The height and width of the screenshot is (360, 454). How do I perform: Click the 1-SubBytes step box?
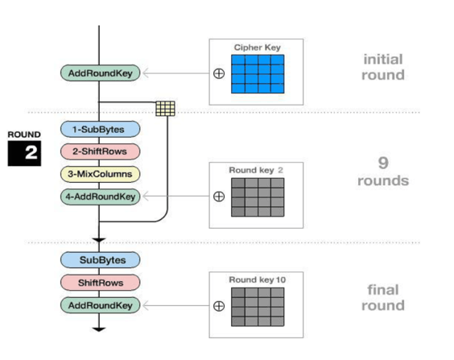click(x=100, y=129)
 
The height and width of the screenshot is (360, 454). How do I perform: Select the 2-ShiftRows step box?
click(x=100, y=151)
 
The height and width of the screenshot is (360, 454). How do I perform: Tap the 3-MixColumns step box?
click(x=100, y=174)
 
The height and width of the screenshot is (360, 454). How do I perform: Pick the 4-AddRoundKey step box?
click(x=100, y=197)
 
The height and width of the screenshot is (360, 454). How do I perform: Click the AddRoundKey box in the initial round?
click(x=100, y=73)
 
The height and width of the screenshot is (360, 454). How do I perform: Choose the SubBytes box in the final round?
click(x=100, y=260)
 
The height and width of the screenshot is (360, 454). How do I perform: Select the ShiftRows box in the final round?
click(x=100, y=283)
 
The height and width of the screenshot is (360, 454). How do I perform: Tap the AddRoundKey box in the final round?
click(x=100, y=305)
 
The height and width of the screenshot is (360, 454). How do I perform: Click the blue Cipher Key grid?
click(x=258, y=74)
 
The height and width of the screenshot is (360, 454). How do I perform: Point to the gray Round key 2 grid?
click(x=258, y=197)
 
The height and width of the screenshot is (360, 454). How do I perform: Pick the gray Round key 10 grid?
click(x=258, y=307)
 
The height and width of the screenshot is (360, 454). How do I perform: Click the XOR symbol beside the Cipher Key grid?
click(x=219, y=73)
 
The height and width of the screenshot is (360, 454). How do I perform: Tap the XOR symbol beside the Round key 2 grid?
click(x=219, y=197)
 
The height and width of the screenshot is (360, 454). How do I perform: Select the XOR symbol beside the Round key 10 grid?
click(x=219, y=306)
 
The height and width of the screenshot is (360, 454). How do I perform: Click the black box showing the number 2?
click(x=24, y=153)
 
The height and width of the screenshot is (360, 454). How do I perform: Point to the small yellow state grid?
click(x=165, y=109)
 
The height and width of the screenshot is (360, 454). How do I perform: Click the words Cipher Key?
click(x=257, y=48)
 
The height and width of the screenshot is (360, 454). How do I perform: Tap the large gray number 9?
click(x=383, y=163)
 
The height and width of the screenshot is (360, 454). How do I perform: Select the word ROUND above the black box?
click(x=24, y=134)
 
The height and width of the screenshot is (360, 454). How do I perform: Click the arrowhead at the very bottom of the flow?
click(x=99, y=329)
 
